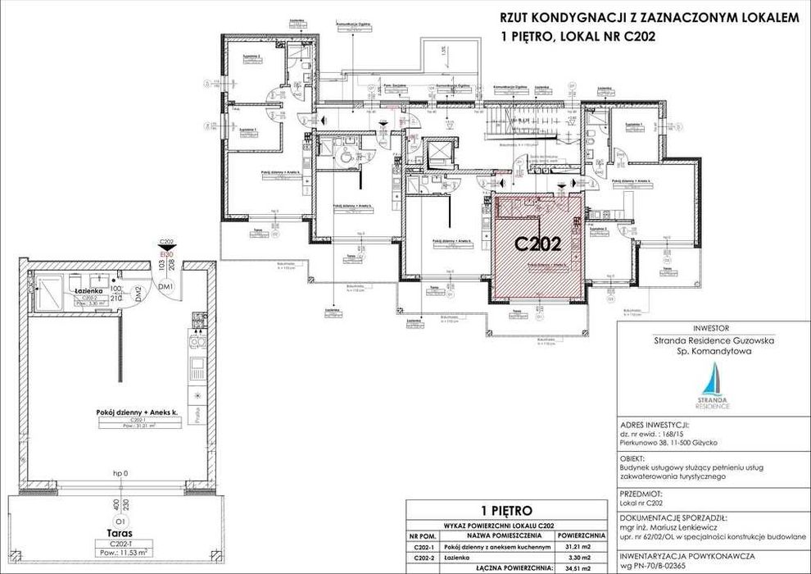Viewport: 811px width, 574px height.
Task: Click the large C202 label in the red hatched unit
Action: [537, 244]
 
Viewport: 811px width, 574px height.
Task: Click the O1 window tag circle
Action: [121, 521]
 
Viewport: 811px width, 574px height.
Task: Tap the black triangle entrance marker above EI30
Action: [166, 249]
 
